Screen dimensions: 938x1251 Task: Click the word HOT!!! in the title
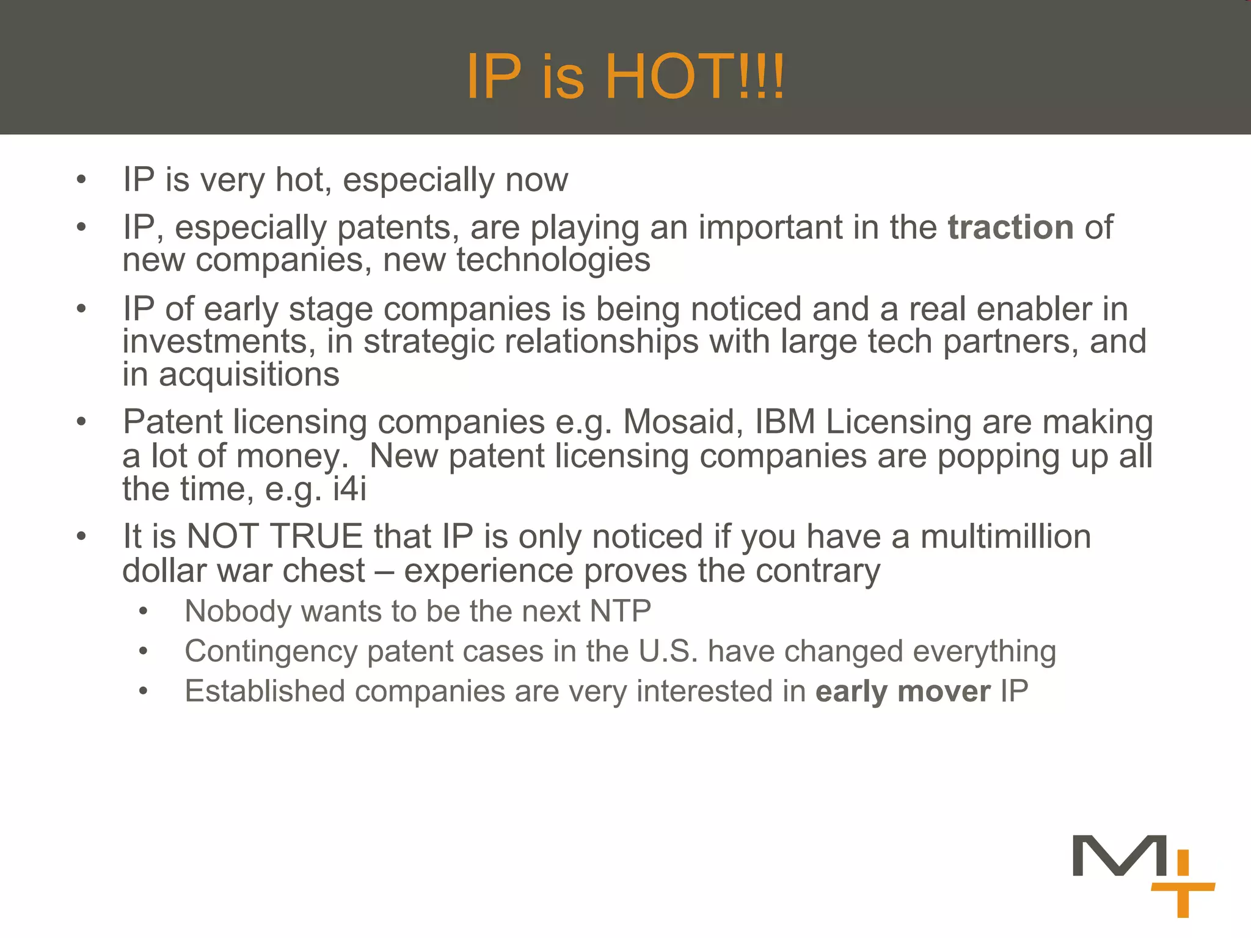coord(695,76)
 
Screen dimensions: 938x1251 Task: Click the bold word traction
coord(1010,227)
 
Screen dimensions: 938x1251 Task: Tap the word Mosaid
coord(678,422)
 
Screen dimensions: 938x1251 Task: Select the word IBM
coord(785,422)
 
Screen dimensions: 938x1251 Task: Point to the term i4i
coord(349,489)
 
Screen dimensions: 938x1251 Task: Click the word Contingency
coord(271,652)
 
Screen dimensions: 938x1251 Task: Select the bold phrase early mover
coord(903,691)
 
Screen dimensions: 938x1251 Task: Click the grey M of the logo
coord(1119,856)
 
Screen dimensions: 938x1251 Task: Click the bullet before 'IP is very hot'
coord(81,180)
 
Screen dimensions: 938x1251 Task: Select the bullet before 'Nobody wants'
coord(143,611)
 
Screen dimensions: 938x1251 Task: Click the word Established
coord(264,691)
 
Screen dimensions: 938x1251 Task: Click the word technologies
coord(553,260)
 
